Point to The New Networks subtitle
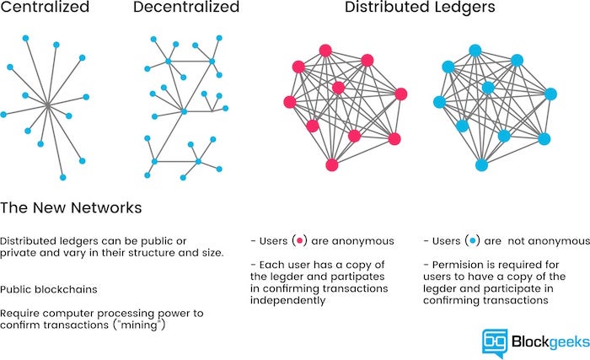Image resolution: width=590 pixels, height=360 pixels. coord(71,207)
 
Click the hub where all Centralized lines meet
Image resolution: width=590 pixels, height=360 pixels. coord(48,105)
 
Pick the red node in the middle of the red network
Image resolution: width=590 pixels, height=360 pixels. coord(338,88)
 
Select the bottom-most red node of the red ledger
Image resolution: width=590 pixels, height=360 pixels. coord(332,164)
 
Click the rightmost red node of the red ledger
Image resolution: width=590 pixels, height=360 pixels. coord(400,94)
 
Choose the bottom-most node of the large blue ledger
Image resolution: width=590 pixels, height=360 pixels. coord(481,164)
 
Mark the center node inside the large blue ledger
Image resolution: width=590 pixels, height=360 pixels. coord(487,88)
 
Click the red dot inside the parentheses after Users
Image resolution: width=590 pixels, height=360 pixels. coord(298,241)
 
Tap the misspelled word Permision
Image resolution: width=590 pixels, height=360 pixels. coord(452,264)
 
